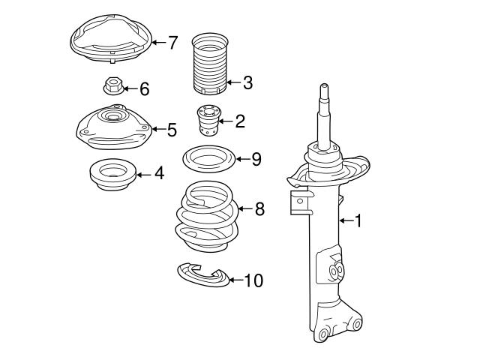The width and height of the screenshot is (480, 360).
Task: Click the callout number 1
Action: (x=358, y=220)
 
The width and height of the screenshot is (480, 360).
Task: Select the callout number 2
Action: (x=239, y=120)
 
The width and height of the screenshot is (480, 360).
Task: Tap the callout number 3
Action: (x=247, y=83)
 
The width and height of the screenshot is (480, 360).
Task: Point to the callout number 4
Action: (x=159, y=173)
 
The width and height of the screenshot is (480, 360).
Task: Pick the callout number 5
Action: (x=172, y=130)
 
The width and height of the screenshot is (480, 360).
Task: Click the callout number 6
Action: (x=144, y=89)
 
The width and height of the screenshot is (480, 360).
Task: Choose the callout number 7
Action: (x=172, y=42)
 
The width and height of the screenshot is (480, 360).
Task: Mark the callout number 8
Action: (x=259, y=208)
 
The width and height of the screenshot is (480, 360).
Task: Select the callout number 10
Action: (x=253, y=280)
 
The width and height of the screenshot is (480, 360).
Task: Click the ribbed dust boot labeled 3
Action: (x=208, y=67)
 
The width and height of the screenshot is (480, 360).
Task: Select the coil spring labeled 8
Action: (x=206, y=217)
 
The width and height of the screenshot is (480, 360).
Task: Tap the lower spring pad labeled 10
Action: (x=202, y=276)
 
